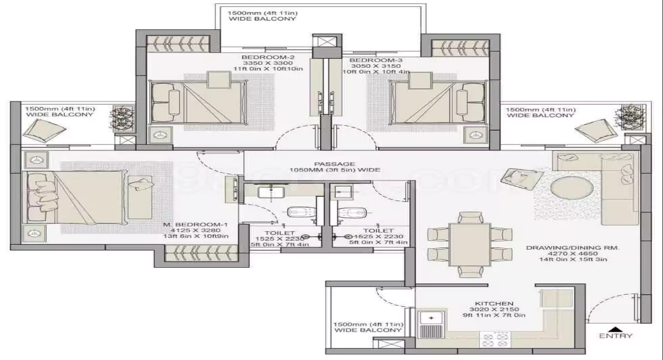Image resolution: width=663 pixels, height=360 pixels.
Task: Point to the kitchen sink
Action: point(431,318)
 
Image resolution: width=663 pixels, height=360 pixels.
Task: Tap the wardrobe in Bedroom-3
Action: point(453,48)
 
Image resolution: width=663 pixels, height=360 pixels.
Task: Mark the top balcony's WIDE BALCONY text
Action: point(262,19)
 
